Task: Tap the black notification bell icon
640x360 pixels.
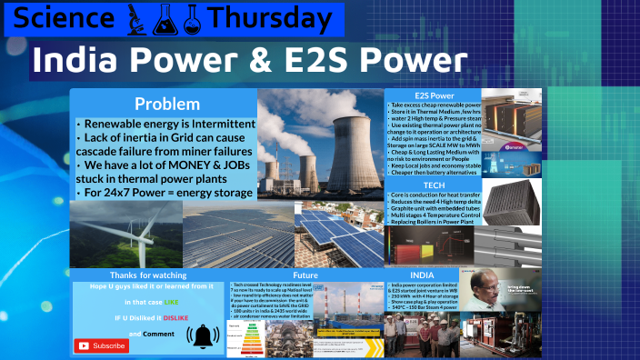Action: [x=203, y=335]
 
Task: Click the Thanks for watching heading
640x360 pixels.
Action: [x=148, y=275]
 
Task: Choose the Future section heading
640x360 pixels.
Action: [x=305, y=275]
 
